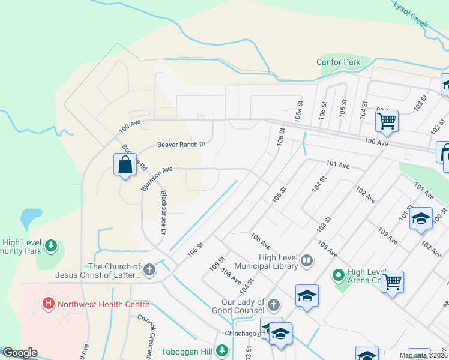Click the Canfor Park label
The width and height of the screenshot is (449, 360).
tap(338, 62)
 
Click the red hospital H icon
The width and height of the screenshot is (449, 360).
tap(49, 304)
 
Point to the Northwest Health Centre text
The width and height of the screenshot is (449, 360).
tap(103, 304)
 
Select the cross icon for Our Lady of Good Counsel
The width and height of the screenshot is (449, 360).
tap(274, 306)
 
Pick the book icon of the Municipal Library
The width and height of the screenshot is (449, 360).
tap(307, 261)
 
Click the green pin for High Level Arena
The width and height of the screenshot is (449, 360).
tap(338, 276)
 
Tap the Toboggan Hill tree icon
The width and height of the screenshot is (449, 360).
tap(223, 350)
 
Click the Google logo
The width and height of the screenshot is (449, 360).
tap(20, 353)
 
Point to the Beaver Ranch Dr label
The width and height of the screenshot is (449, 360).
tap(181, 145)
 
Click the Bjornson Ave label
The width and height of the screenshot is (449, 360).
tap(157, 178)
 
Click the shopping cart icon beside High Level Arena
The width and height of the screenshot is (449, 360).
tap(392, 281)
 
